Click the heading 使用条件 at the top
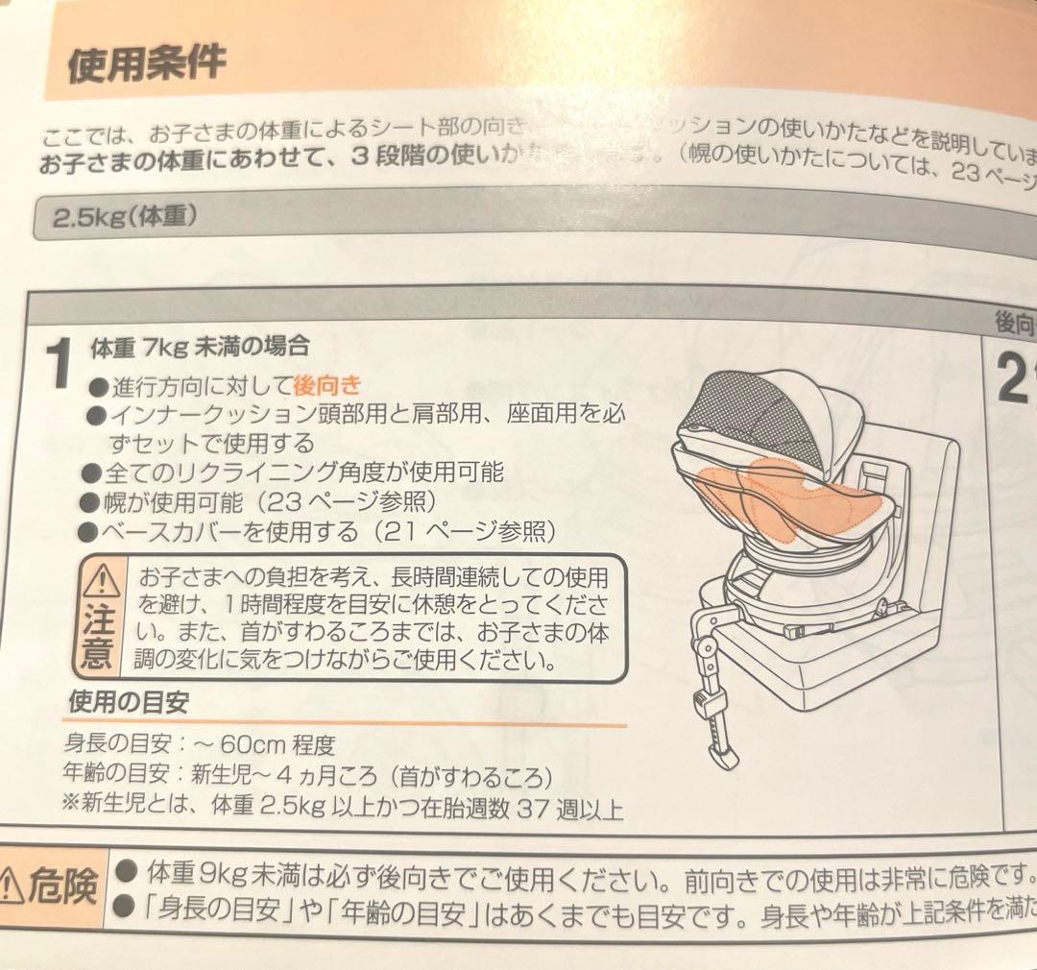[x=146, y=62]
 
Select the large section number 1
[x=59, y=366]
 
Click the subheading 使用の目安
[x=128, y=702]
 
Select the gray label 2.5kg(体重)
[x=125, y=216]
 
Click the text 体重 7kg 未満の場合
[x=199, y=345]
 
